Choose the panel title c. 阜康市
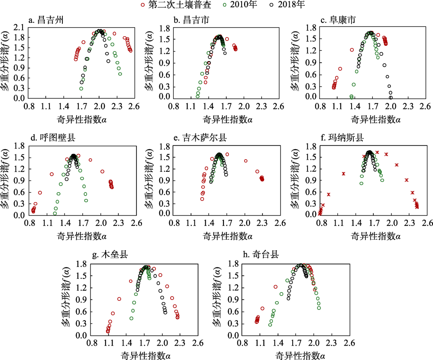pos(335,20)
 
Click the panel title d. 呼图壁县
pos(49,138)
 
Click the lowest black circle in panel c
pos(391,97)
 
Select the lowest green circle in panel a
pos(81,89)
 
